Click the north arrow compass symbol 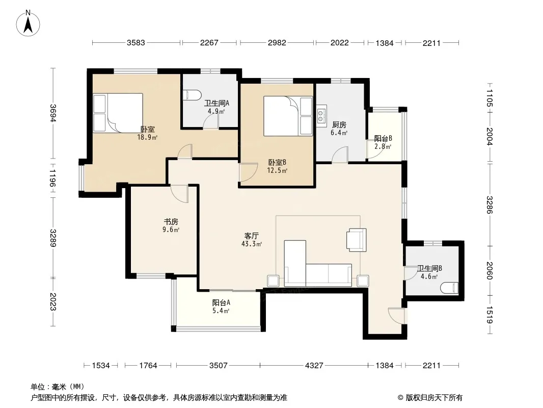tap(28, 23)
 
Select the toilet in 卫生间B tap(449, 288)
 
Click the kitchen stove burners tap(321, 116)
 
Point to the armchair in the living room tap(357, 240)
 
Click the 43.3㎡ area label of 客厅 tap(252, 244)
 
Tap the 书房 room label tap(171, 221)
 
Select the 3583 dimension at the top tap(135, 43)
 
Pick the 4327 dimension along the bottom tap(314, 365)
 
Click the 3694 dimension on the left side tap(52, 113)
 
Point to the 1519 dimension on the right tap(489, 315)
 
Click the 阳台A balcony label tap(221, 302)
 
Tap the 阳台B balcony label tap(383, 138)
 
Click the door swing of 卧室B tap(248, 172)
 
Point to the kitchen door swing tap(340, 155)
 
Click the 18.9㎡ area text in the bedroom tap(147, 137)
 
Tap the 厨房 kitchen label tap(339, 124)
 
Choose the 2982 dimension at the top tap(277, 43)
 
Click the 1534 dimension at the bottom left tap(101, 365)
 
